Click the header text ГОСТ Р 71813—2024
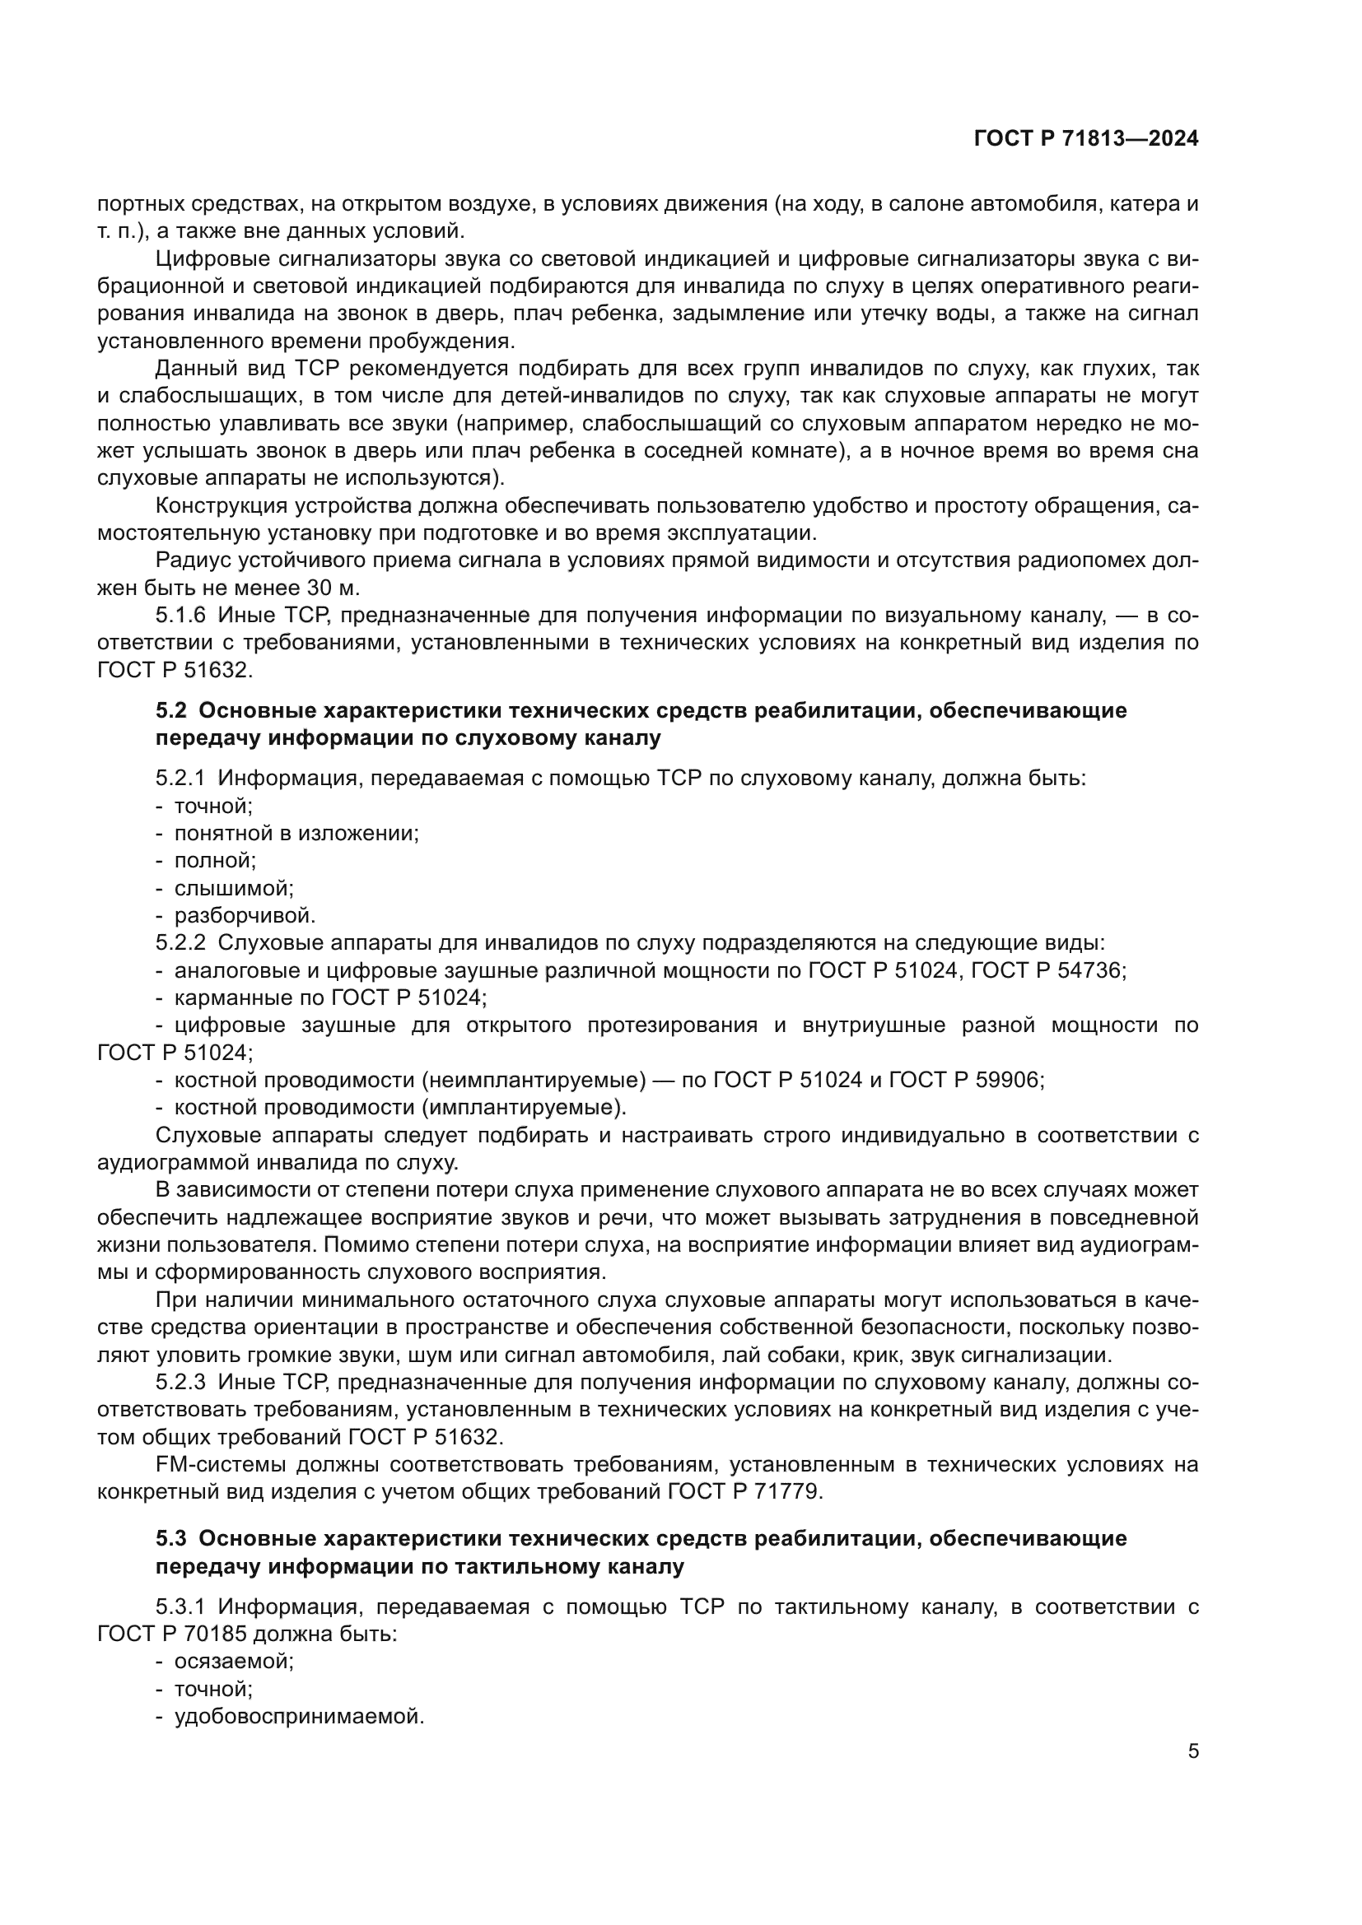pos(1086,139)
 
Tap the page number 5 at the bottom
pos(1193,1751)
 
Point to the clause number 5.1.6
pos(180,616)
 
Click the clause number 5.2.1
pos(180,778)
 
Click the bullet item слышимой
pos(233,888)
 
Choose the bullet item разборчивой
pos(245,915)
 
